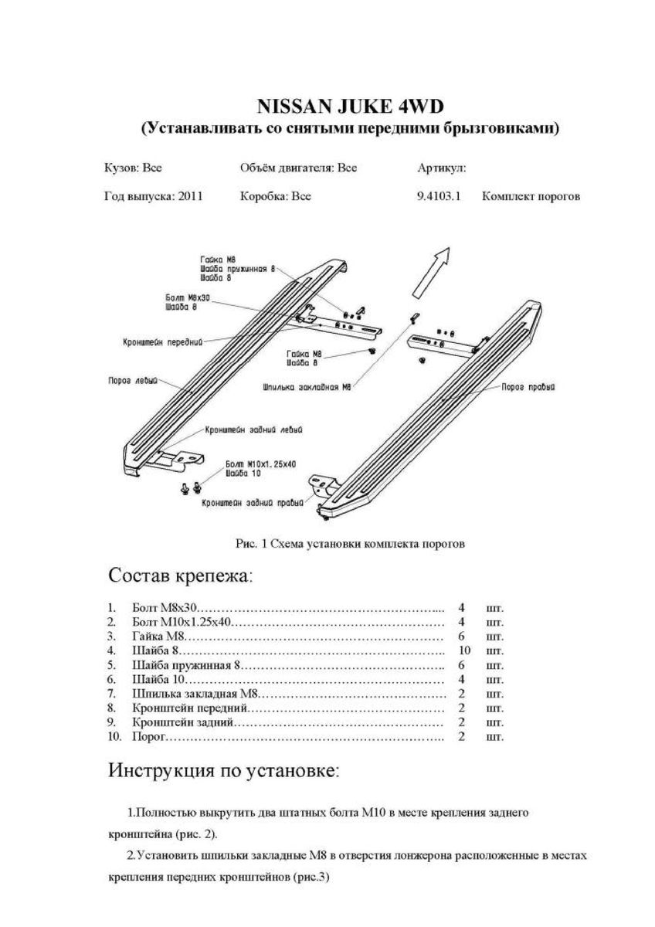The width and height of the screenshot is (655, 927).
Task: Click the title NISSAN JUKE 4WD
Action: pyautogui.click(x=350, y=106)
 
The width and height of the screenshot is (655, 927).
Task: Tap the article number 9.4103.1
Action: pyautogui.click(x=439, y=196)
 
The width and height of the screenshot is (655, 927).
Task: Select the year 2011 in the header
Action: pyautogui.click(x=190, y=196)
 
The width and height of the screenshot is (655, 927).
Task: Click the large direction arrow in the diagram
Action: pyautogui.click(x=431, y=271)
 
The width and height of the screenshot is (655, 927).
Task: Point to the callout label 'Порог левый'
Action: pyautogui.click(x=133, y=380)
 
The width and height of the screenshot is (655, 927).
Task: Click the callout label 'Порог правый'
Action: pyautogui.click(x=528, y=387)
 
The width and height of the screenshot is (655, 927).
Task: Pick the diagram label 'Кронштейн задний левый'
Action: pyautogui.click(x=253, y=430)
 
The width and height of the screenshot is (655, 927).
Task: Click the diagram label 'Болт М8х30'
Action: pyautogui.click(x=188, y=297)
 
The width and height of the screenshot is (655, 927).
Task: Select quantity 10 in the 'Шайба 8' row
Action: pyautogui.click(x=464, y=650)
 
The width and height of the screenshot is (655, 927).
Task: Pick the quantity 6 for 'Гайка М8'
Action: pyautogui.click(x=461, y=637)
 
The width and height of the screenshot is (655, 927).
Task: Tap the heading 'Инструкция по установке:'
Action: pyautogui.click(x=223, y=770)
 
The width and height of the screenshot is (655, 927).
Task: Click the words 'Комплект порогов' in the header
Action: pyautogui.click(x=531, y=196)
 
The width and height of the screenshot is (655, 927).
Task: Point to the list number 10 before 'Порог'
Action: pyautogui.click(x=114, y=737)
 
